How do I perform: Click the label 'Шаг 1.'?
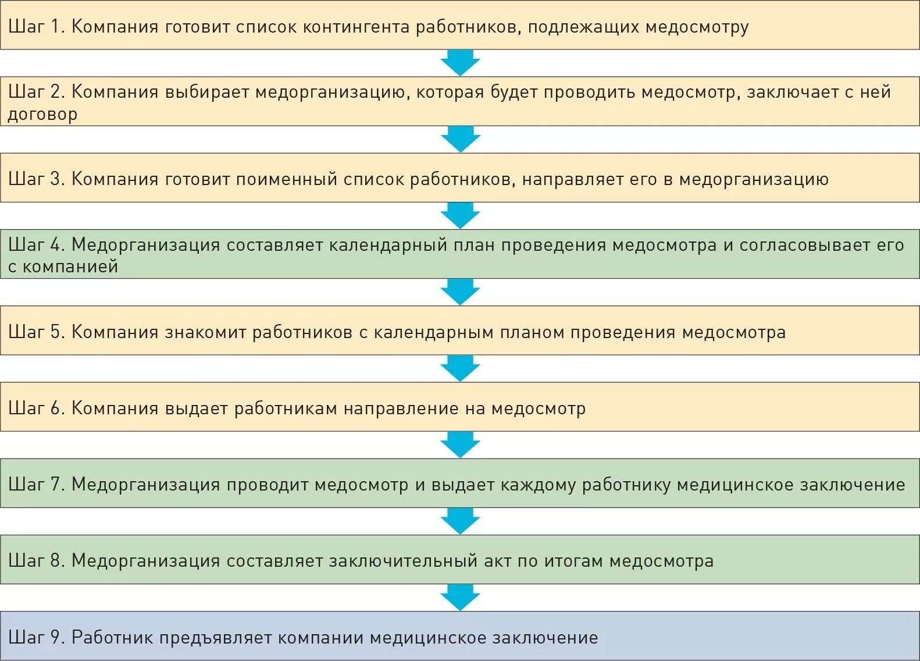(x=36, y=27)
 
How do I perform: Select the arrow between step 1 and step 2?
(x=460, y=62)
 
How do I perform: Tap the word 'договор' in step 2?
(x=42, y=114)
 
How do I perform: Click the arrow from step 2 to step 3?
(x=460, y=139)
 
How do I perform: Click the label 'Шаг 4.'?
(x=36, y=245)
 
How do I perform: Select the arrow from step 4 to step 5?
(x=460, y=292)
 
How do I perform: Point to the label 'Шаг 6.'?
(x=36, y=408)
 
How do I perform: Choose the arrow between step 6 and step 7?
(x=460, y=445)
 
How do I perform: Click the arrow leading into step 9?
(x=460, y=597)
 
